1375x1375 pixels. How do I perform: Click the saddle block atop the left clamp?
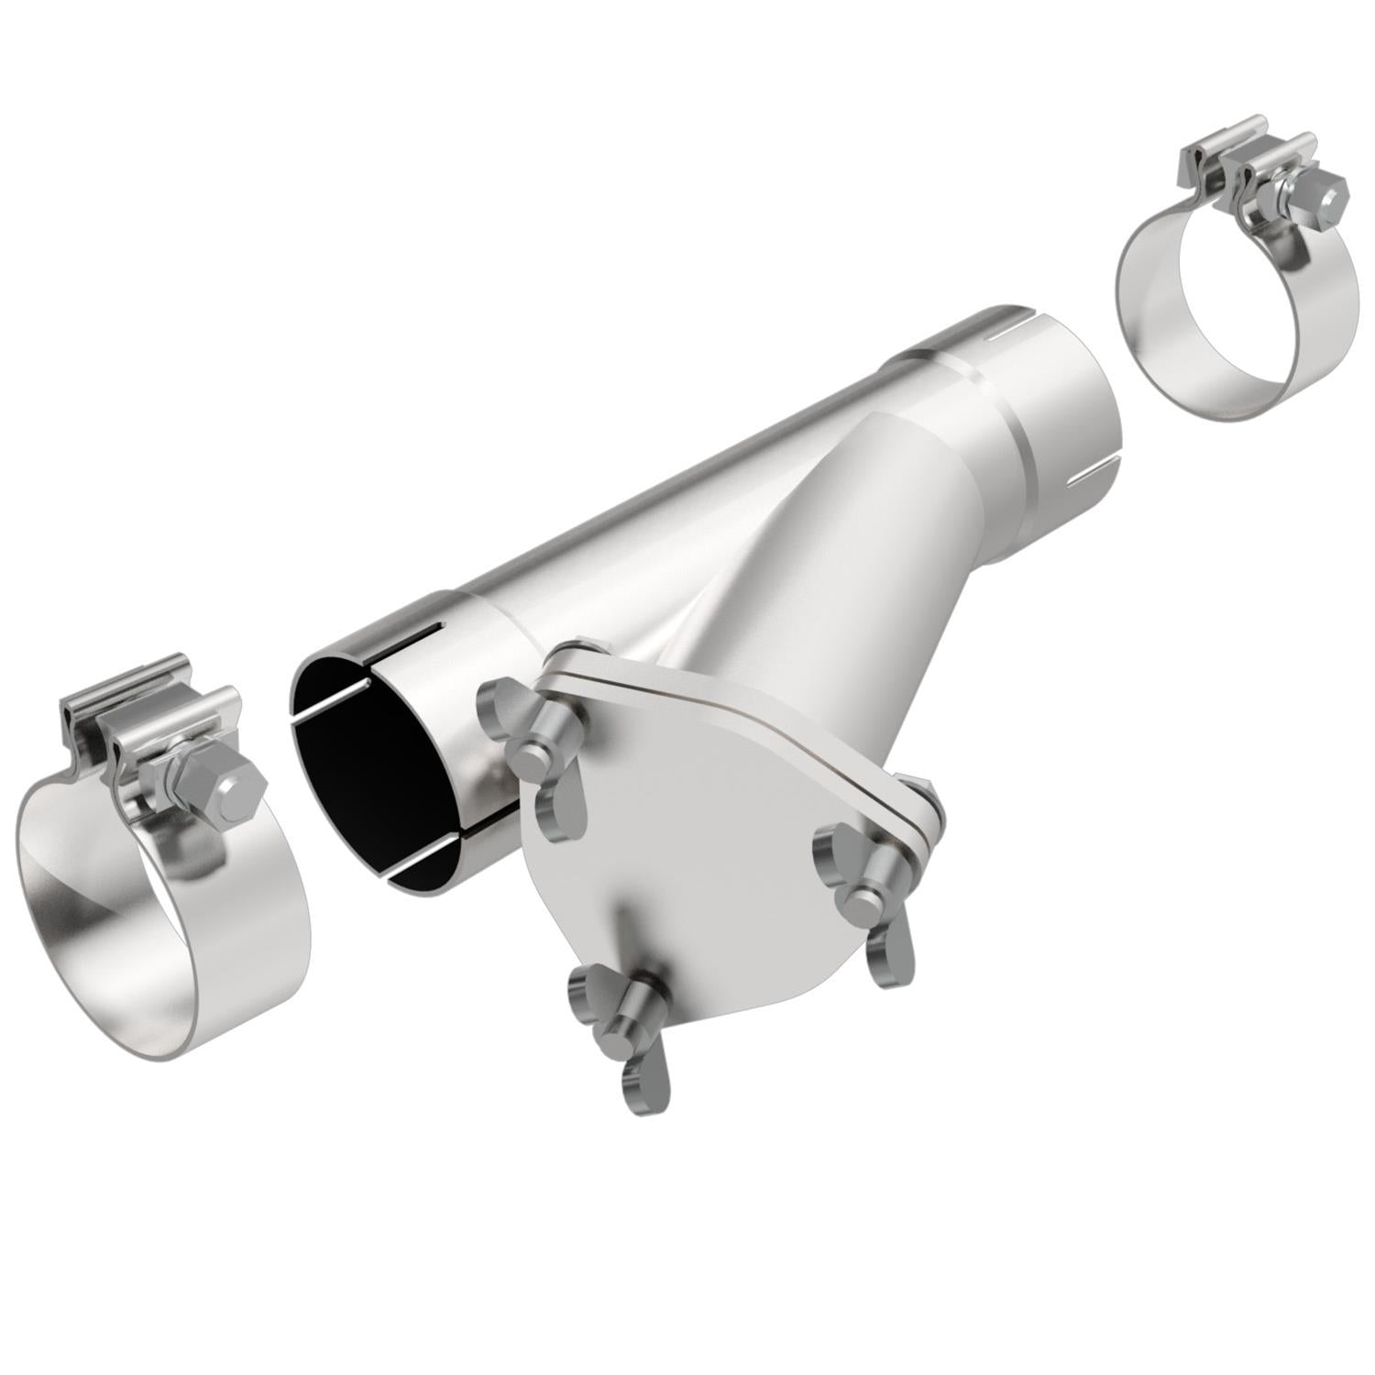[147, 724]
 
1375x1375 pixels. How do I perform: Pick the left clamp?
[156, 871]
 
